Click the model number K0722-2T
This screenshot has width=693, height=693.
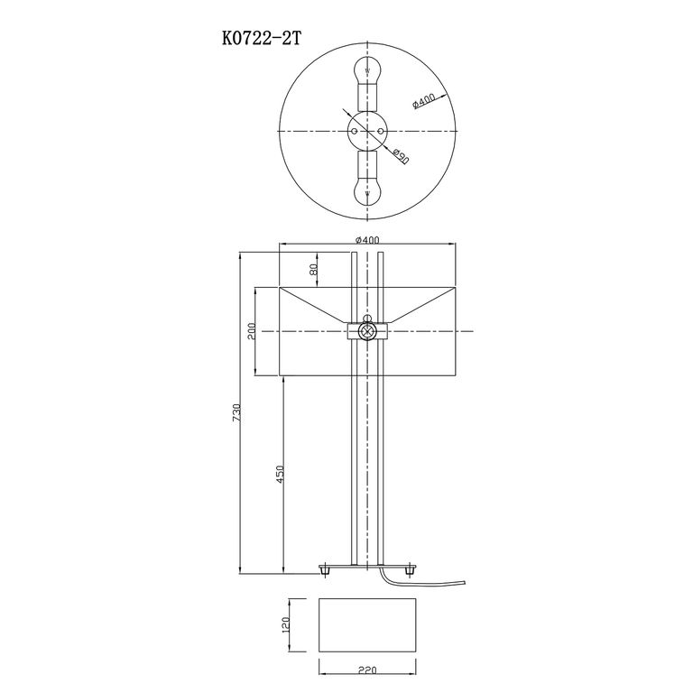pos(261,39)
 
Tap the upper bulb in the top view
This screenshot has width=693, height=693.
pos(367,69)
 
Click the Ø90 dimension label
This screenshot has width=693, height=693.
pos(400,155)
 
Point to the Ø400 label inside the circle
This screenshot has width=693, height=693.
pos(423,101)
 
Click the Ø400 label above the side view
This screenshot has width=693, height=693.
pos(368,240)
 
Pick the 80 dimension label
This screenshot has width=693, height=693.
pos(313,269)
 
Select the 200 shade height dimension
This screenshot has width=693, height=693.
pos(252,331)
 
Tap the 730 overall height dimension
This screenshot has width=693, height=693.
pos(236,412)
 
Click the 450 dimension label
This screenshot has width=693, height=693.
pos(280,475)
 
